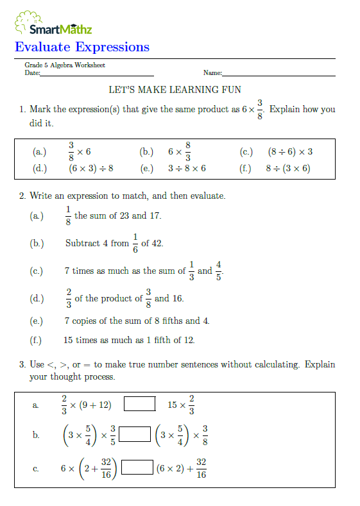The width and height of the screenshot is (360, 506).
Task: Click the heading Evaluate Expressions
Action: (x=81, y=47)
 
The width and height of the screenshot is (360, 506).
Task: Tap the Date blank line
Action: (x=97, y=74)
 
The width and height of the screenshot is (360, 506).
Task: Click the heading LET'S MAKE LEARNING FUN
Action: (x=175, y=90)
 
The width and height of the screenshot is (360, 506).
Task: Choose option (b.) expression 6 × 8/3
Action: (x=180, y=152)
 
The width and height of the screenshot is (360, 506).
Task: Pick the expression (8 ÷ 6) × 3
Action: (x=290, y=152)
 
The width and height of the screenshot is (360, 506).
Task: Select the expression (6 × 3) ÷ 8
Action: (x=90, y=168)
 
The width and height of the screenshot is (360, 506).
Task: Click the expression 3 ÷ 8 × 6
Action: (x=187, y=168)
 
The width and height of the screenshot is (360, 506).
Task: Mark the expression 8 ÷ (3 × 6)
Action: (x=288, y=168)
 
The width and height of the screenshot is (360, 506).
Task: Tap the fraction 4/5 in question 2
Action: (x=218, y=271)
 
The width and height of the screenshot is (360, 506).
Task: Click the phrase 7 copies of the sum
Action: (x=105, y=321)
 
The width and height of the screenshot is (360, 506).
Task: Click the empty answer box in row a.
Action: (x=139, y=404)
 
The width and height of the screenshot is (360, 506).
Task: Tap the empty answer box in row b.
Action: (x=134, y=434)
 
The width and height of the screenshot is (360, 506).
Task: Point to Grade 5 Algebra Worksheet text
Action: (x=65, y=65)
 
